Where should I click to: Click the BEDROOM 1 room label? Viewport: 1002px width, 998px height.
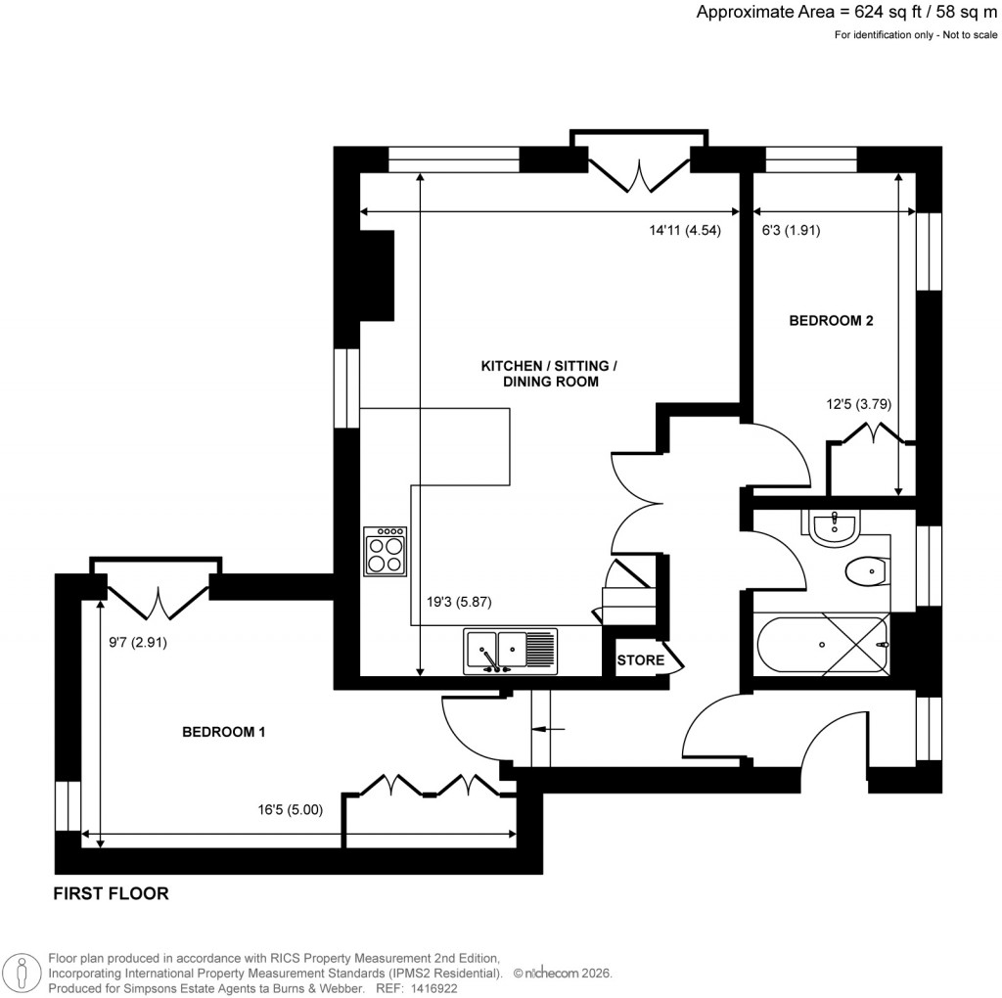click(x=225, y=732)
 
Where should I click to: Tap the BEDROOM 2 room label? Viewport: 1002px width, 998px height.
click(x=831, y=320)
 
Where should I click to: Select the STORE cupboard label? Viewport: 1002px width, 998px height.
click(x=640, y=660)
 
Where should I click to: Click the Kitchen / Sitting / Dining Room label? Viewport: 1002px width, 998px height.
click(x=549, y=374)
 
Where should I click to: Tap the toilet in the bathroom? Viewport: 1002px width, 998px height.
click(x=865, y=571)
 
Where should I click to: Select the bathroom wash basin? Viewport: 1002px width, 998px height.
click(x=834, y=526)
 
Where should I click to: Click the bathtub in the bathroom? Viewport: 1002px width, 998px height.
click(x=822, y=646)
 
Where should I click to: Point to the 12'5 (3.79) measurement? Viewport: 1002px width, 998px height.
click(x=857, y=403)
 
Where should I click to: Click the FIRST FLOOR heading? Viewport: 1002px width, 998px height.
click(x=111, y=893)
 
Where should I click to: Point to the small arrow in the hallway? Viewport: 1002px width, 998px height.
click(x=549, y=729)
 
